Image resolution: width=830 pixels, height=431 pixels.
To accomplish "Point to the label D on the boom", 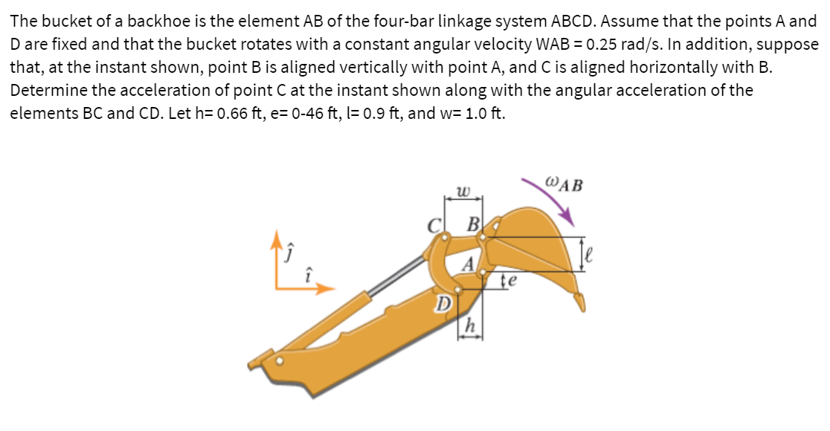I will (x=443, y=304).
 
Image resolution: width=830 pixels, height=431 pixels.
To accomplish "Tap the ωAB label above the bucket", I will (x=564, y=181).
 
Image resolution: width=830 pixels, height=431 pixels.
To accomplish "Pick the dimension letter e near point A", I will (x=512, y=281).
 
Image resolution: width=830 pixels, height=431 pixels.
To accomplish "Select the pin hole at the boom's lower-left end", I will (x=280, y=362).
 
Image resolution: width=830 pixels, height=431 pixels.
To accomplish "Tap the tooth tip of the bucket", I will (x=581, y=304).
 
